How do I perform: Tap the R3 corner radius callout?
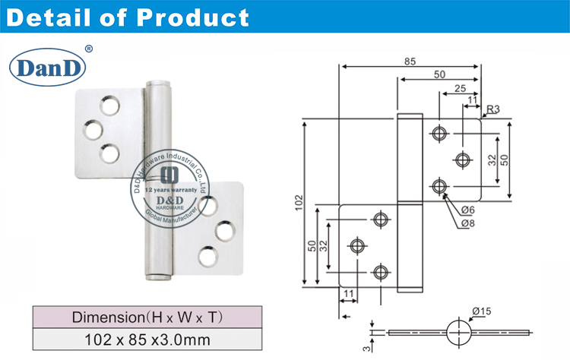492,109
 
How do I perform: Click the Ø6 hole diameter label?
467,210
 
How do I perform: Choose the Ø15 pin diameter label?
481,310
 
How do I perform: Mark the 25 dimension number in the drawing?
460,88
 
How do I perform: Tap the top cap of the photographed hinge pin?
157,79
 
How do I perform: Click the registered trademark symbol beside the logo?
89,49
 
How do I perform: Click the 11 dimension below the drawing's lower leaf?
349,293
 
